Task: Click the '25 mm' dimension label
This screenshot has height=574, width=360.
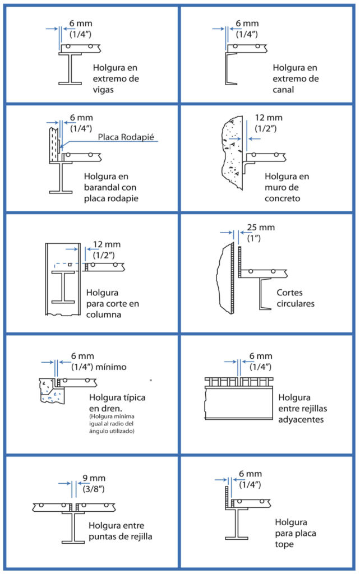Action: [x=261, y=228]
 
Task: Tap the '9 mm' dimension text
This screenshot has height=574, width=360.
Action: [x=94, y=478]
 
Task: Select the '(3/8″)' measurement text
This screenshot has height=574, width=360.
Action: [x=94, y=489]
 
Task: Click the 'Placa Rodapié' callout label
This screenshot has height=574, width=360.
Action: [x=126, y=137]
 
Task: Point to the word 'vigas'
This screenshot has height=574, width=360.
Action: [x=103, y=90]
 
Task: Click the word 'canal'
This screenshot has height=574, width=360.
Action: [x=283, y=90]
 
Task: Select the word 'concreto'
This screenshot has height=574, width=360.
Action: [x=283, y=198]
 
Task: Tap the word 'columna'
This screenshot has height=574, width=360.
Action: [x=104, y=314]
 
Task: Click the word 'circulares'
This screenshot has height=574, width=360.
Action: [x=296, y=303]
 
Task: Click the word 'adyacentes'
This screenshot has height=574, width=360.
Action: [x=301, y=420]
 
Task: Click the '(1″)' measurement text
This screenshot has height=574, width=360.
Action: [x=254, y=238]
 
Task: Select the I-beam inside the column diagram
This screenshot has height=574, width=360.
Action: [x=63, y=287]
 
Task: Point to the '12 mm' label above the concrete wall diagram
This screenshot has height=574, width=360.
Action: [x=269, y=118]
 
